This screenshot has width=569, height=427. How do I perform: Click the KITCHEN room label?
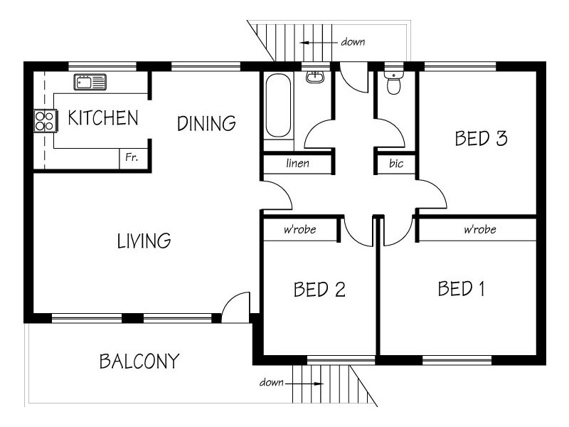103,117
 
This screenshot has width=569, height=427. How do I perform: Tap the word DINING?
206,123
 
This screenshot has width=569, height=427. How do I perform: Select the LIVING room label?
144,241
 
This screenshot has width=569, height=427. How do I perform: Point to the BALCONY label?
139,361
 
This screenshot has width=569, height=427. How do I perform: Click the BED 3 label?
481,138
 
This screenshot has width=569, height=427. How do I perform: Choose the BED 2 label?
319,290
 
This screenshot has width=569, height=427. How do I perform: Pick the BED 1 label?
461,289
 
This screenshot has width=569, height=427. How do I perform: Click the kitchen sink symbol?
90,82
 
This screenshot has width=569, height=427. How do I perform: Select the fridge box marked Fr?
133,158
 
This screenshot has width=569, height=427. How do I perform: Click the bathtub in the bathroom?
278,105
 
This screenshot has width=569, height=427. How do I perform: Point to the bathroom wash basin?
314,77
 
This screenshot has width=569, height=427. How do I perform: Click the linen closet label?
297,163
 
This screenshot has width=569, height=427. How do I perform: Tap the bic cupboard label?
396,163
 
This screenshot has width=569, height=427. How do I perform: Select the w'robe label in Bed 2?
299,229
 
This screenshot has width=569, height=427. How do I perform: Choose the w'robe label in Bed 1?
479,229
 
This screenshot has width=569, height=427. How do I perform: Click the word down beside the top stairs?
353,42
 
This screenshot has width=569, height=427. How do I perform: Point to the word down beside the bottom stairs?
272,382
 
